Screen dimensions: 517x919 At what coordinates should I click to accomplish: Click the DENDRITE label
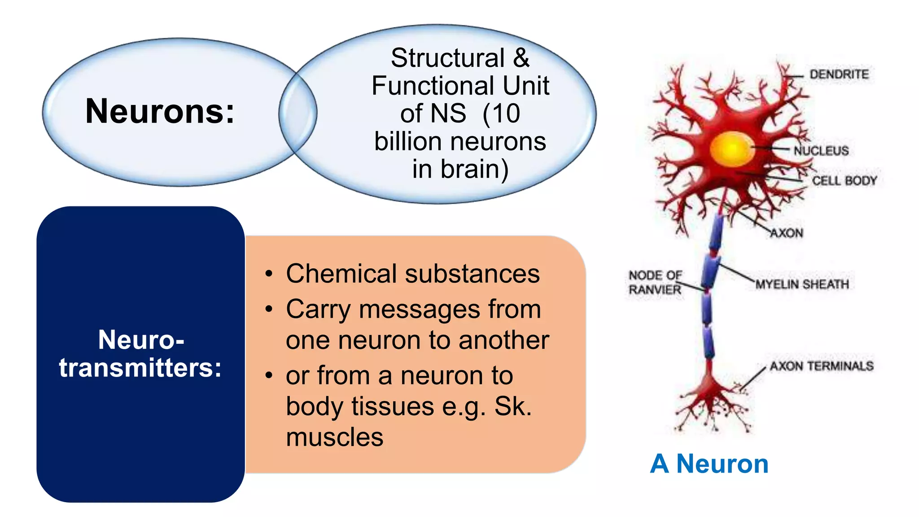[839, 74]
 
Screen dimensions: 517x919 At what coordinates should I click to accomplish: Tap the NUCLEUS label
[821, 151]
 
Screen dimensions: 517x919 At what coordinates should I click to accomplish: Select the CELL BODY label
[844, 181]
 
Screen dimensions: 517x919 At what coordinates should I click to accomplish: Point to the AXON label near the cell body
[787, 233]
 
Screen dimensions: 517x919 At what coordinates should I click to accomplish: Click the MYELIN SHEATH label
[802, 285]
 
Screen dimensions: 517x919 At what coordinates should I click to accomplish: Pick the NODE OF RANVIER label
[655, 282]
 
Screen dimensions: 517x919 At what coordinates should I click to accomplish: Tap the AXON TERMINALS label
[822, 366]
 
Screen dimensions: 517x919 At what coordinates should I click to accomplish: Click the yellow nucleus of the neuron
[731, 149]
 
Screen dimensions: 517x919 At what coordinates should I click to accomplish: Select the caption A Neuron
[709, 464]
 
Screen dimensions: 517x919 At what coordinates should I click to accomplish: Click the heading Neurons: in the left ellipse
[160, 111]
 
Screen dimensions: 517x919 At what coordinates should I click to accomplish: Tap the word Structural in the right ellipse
[447, 58]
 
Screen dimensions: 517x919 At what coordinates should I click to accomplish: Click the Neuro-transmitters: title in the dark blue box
[140, 354]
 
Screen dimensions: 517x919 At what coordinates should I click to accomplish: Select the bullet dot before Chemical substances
[269, 274]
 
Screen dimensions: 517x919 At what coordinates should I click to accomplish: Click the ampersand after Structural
[521, 58]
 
